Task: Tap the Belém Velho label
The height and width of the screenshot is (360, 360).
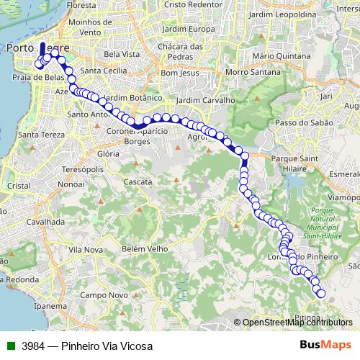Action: [x=143, y=248]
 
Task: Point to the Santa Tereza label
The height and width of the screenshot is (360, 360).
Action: [x=42, y=135]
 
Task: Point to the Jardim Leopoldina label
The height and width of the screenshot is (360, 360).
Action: [x=292, y=14]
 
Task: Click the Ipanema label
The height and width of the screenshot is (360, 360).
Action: [x=50, y=305]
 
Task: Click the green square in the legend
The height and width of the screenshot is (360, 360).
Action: [x=11, y=346]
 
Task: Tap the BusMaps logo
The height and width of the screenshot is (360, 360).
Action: [x=325, y=346]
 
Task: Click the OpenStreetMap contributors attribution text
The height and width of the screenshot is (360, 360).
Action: [x=297, y=323]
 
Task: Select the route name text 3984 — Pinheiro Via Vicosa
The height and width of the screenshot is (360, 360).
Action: [x=87, y=346]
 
